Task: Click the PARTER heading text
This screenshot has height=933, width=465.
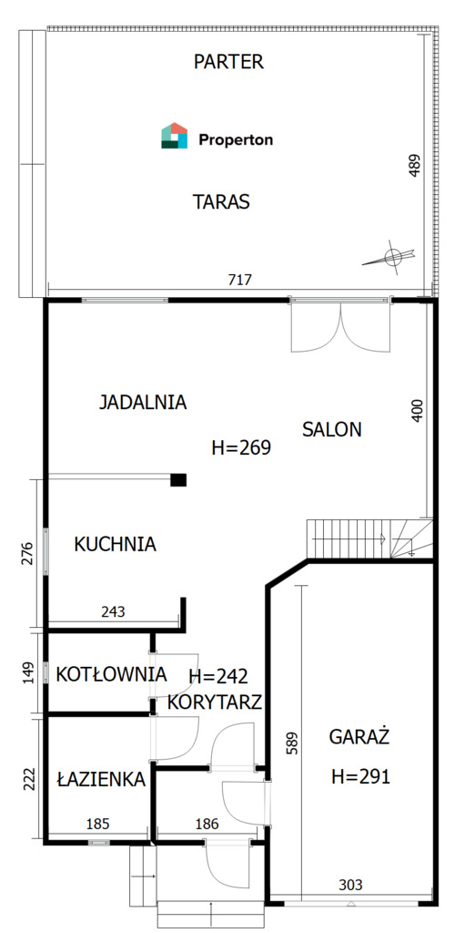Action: (229, 61)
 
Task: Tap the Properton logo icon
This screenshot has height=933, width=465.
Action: (174, 136)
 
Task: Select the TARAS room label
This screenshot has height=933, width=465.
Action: (221, 201)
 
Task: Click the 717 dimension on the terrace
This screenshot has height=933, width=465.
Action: (240, 279)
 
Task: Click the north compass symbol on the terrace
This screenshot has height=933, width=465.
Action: (390, 258)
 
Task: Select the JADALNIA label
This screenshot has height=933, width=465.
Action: (143, 402)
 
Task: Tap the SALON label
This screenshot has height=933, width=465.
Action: (332, 429)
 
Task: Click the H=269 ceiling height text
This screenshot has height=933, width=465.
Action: (241, 447)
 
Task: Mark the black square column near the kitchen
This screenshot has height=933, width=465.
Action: (178, 479)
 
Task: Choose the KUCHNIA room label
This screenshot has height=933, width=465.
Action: (115, 544)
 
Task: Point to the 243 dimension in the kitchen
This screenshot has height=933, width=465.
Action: (113, 611)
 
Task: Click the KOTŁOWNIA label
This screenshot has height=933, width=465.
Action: (111, 674)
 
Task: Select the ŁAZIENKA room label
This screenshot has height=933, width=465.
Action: (101, 779)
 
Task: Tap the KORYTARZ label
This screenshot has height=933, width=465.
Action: (214, 702)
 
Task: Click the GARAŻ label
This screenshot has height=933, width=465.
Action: (359, 737)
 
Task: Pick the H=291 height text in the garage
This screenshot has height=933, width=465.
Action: (361, 776)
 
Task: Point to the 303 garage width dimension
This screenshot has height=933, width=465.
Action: (350, 885)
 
